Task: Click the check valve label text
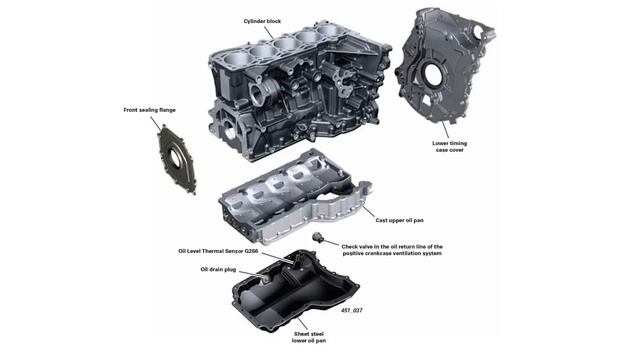(x=391, y=249)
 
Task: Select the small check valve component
(x=318, y=237)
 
